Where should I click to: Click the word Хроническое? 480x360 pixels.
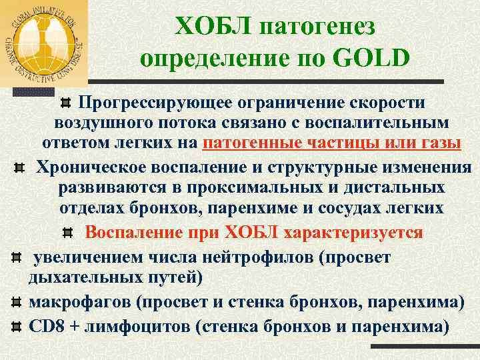pyautogui.click(x=93, y=166)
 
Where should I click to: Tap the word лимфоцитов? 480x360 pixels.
pyautogui.click(x=137, y=327)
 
